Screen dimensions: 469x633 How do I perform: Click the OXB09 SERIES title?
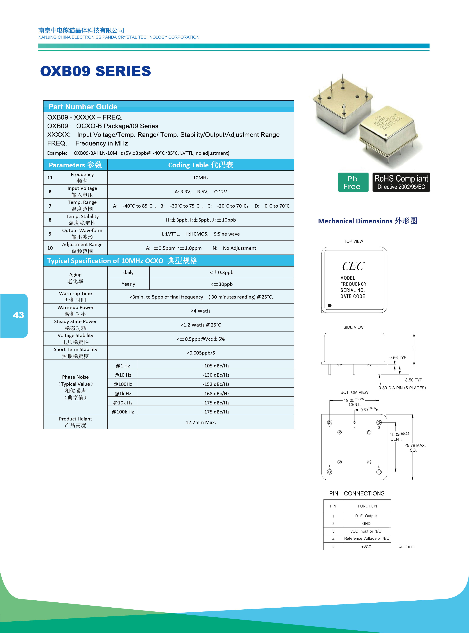coord(95,71)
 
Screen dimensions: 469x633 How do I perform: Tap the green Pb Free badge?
coord(353,182)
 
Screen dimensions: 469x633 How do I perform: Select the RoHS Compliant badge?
coord(401,182)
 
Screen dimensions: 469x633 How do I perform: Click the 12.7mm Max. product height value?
coord(201,422)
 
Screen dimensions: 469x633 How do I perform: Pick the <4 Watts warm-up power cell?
coord(201,311)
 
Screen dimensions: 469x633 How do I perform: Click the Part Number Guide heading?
coord(83,107)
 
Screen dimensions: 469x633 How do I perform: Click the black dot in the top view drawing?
coord(330,305)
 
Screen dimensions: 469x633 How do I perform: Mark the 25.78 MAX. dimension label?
coord(415,445)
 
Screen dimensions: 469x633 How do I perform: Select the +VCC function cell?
coord(366,547)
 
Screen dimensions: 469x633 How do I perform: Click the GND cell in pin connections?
coord(366,524)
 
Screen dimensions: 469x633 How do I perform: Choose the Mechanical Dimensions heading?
coord(367,221)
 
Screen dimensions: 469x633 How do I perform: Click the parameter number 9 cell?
coord(50,234)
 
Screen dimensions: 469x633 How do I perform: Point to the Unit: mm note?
coord(406,547)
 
